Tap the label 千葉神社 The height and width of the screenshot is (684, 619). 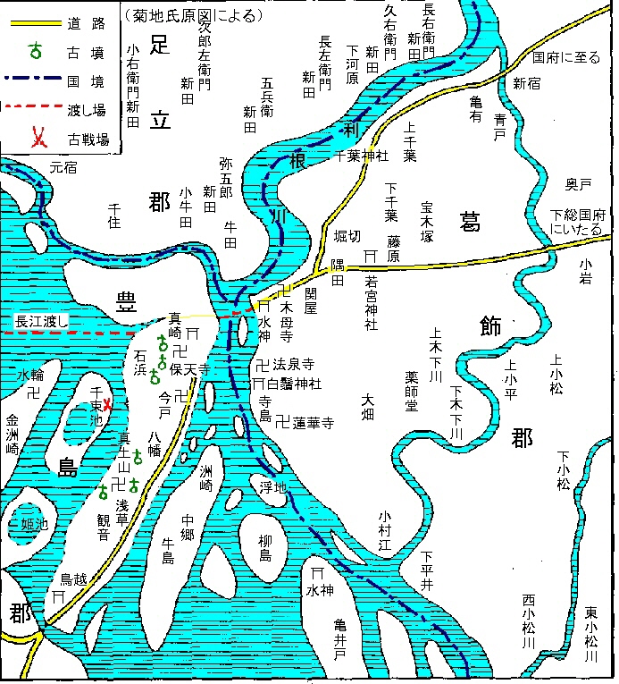click(x=361, y=156)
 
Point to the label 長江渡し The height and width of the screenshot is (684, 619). click(x=42, y=320)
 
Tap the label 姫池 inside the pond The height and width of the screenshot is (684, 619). click(x=34, y=524)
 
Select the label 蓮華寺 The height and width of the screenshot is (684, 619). click(x=313, y=422)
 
